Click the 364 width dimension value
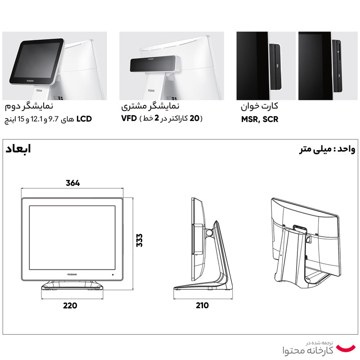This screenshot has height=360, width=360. (x=73, y=183)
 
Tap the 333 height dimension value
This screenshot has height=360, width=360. (x=139, y=240)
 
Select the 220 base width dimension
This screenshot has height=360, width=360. (x=70, y=306)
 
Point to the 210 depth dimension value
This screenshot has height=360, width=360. (x=202, y=306)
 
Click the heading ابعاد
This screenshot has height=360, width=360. (x=18, y=149)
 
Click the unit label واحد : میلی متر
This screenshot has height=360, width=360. (x=327, y=149)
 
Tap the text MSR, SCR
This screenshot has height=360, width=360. (x=260, y=119)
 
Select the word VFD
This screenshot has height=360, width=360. (x=129, y=118)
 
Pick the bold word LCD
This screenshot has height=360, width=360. (x=84, y=119)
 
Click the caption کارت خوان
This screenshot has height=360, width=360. (x=260, y=106)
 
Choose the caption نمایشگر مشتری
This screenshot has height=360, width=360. (x=150, y=106)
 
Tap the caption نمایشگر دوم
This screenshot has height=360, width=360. (x=29, y=106)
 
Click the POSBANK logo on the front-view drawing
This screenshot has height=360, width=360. (x=72, y=274)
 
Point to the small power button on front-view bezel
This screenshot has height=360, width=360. (x=113, y=274)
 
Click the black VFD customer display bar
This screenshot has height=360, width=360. (x=153, y=63)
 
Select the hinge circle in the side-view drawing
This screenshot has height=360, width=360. (x=209, y=233)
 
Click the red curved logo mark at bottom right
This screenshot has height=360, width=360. (x=346, y=348)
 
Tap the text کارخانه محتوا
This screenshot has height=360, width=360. (x=308, y=351)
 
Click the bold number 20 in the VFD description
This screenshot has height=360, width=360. (x=194, y=118)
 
